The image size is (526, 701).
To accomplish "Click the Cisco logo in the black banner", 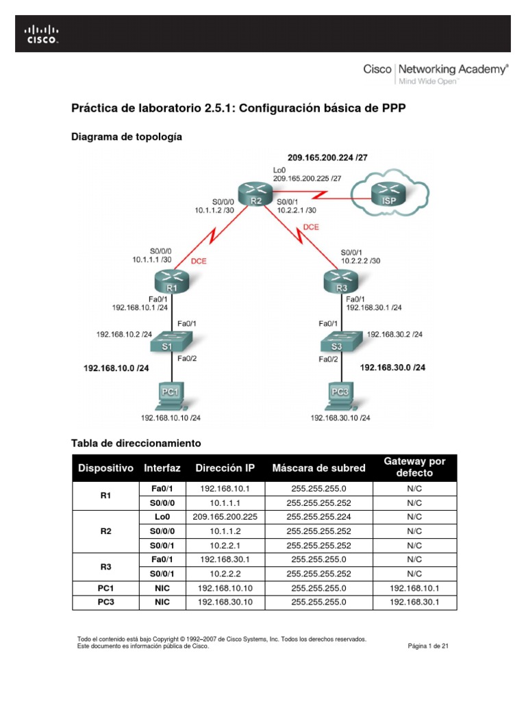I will (42, 34).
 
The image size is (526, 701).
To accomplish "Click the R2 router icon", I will (255, 195).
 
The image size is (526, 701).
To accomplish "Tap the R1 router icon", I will (171, 281).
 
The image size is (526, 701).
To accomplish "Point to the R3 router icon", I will (340, 281).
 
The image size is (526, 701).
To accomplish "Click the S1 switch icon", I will (171, 340).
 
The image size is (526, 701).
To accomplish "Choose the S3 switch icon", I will (340, 340).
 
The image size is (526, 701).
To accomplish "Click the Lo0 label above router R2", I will (279, 169).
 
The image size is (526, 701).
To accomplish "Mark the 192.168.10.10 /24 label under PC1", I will (171, 417).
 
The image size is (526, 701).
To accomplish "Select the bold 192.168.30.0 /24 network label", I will (392, 368).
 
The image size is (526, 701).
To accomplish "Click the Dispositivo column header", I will (105, 468).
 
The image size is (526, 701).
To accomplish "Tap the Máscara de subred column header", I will (318, 468).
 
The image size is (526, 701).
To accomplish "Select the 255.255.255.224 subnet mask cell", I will (318, 517).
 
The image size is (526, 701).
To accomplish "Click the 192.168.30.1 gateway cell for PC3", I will (414, 602).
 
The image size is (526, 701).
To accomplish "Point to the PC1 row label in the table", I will (105, 588).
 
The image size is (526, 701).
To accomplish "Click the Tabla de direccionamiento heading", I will (136, 443).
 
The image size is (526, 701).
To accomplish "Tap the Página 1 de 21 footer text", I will (428, 646).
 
